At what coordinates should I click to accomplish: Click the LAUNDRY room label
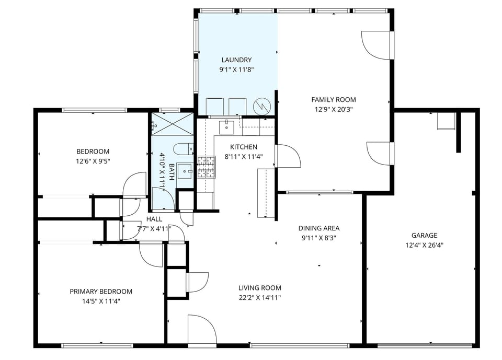[236, 60]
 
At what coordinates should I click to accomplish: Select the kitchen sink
[226, 126]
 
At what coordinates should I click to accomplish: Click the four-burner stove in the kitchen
[206, 167]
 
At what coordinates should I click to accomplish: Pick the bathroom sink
[184, 171]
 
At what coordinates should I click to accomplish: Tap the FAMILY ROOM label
[333, 99]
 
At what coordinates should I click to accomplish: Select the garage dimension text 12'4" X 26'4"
[424, 245]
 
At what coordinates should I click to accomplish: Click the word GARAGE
[424, 235]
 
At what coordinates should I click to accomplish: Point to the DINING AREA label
[318, 228]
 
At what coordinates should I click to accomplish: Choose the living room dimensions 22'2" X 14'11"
[260, 297]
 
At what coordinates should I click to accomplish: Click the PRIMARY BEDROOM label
[101, 291]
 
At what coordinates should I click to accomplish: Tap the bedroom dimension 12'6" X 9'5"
[93, 161]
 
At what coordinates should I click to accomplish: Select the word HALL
[154, 219]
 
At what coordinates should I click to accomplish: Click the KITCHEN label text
[244, 147]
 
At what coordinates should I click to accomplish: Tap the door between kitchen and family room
[288, 156]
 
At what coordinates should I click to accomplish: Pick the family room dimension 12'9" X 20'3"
[333, 109]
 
